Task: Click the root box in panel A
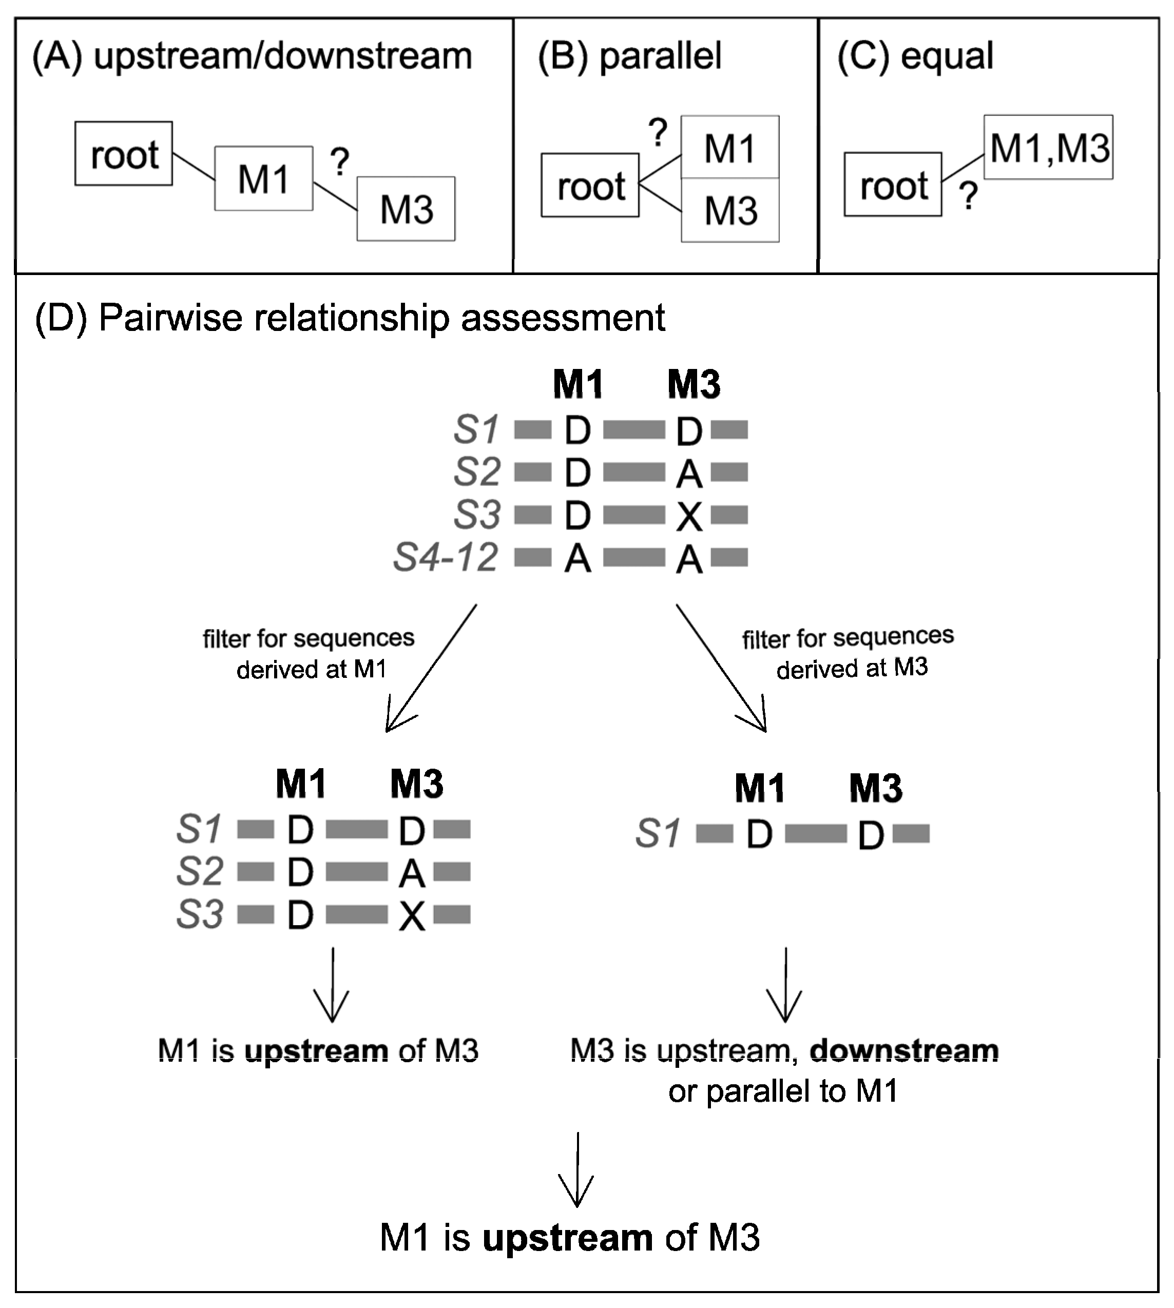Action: click(123, 153)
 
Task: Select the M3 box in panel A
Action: click(406, 209)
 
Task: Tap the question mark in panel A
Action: click(339, 162)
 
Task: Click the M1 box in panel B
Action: click(729, 148)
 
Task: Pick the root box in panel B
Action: click(590, 186)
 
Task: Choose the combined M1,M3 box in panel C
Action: click(1048, 147)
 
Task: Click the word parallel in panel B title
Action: click(661, 55)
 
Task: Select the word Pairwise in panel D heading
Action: click(169, 317)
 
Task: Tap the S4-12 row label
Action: click(446, 557)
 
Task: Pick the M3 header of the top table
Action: click(694, 385)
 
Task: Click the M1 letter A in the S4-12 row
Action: click(578, 558)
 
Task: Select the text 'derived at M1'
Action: click(311, 669)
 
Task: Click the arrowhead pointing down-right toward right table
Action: click(760, 722)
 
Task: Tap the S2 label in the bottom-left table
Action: click(199, 871)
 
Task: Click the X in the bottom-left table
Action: click(412, 916)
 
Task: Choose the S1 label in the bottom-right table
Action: click(658, 833)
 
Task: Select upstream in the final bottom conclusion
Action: click(567, 1238)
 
